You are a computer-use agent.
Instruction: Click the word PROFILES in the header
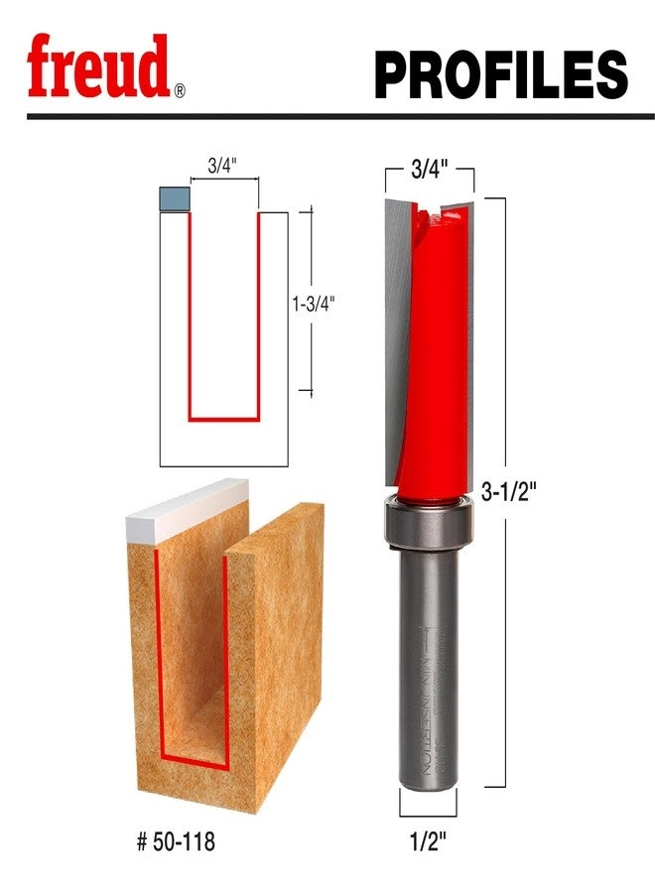[x=500, y=73]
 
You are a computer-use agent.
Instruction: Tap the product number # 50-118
[x=176, y=842]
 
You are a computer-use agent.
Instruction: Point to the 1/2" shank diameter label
[x=428, y=841]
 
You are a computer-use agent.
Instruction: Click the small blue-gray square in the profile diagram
[x=174, y=198]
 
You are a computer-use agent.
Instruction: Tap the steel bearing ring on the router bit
[x=428, y=524]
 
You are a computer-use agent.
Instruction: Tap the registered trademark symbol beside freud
[x=180, y=91]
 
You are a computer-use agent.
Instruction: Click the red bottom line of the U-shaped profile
[x=224, y=419]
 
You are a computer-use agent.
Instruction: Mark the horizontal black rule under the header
[x=327, y=116]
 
